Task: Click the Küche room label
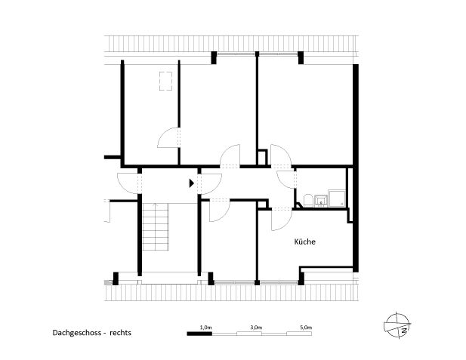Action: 304,242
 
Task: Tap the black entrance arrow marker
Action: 192,182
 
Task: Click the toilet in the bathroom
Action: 307,199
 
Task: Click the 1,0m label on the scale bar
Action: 205,327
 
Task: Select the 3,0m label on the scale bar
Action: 255,327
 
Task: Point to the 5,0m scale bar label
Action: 305,327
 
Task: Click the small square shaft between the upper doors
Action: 261,158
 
